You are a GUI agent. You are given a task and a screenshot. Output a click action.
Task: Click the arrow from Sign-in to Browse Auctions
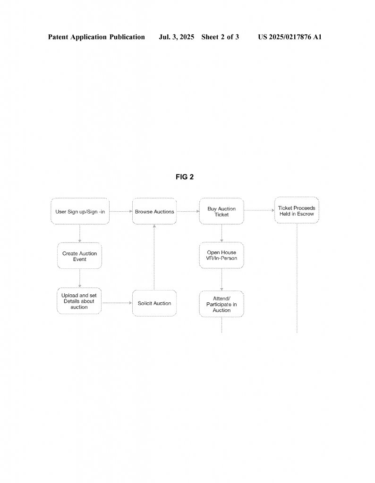[x=121, y=211]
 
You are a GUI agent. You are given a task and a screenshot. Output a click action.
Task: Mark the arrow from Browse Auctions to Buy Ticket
[x=188, y=211]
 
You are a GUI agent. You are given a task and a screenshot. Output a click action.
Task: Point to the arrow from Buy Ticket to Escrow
[x=259, y=210]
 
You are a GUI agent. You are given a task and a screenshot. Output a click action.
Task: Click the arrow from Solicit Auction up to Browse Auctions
[x=154, y=257]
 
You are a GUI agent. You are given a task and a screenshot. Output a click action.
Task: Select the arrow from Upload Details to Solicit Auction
[x=117, y=303]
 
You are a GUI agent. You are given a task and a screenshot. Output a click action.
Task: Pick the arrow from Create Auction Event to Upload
[x=79, y=278]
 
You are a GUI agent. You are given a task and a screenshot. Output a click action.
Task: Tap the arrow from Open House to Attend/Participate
[x=222, y=280]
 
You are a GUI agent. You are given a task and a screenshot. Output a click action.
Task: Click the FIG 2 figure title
[x=185, y=177]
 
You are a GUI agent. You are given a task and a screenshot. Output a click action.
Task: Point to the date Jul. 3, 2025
[x=176, y=37]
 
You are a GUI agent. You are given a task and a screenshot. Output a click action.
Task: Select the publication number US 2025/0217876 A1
[x=290, y=37]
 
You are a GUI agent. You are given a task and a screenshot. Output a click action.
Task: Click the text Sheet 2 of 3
[x=220, y=37]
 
